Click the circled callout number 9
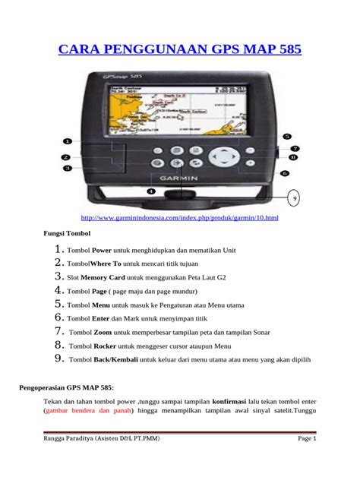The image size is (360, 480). [x=295, y=200]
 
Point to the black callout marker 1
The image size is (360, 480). [x=67, y=141]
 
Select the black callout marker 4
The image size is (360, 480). [x=151, y=192]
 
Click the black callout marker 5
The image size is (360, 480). [x=287, y=137]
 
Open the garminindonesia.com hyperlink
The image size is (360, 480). [x=181, y=219]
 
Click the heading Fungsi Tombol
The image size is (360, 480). [x=65, y=234]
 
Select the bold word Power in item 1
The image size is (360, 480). [x=103, y=250]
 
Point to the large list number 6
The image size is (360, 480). [x=58, y=317]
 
